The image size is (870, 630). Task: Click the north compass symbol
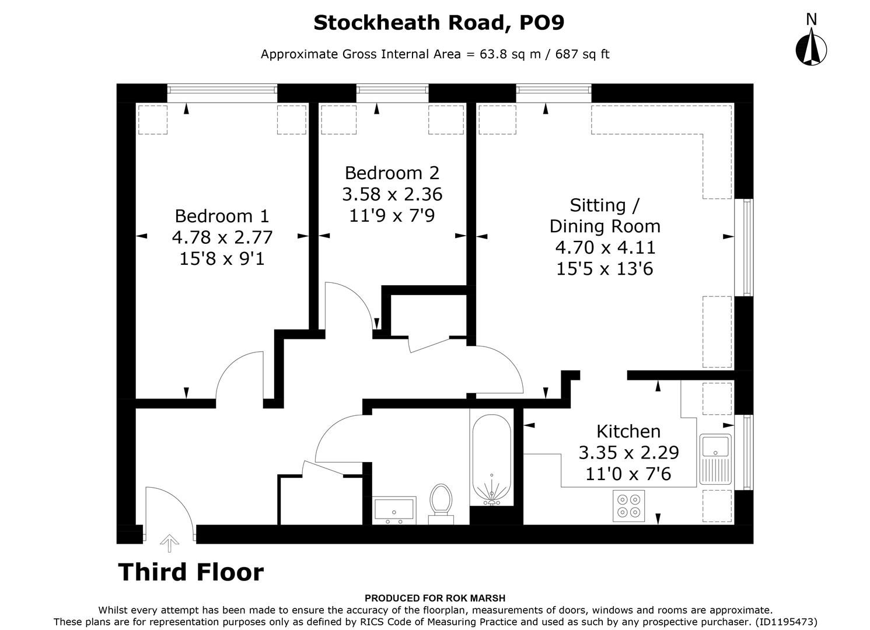(x=810, y=47)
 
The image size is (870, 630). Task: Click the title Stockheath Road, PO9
(x=439, y=23)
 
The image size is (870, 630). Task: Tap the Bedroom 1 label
(x=222, y=216)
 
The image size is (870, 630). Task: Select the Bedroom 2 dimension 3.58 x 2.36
(x=392, y=194)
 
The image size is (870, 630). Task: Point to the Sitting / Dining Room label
(x=605, y=216)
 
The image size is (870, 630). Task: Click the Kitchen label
(x=628, y=432)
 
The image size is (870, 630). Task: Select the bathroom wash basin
(x=394, y=510)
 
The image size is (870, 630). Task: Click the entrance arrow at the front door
(x=169, y=542)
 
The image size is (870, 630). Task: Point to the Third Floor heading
(x=191, y=572)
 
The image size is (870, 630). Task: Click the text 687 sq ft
(x=582, y=54)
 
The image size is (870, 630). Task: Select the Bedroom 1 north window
(x=222, y=90)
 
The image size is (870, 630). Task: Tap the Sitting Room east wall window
(x=747, y=247)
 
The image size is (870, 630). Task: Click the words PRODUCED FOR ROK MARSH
(x=435, y=598)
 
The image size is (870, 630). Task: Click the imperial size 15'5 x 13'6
(x=605, y=269)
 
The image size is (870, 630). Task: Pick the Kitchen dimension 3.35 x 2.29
(x=628, y=453)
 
